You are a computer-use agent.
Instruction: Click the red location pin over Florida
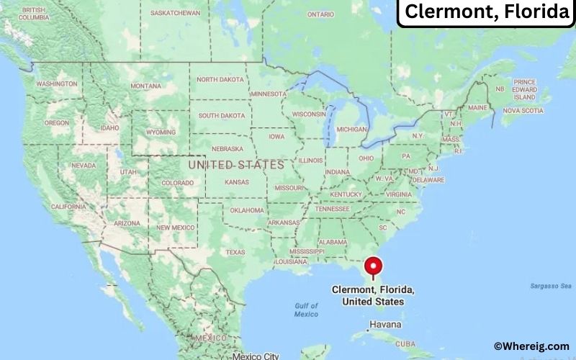click(x=373, y=266)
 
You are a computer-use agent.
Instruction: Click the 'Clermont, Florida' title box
click(x=486, y=12)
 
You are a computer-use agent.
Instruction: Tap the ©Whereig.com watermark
click(x=531, y=346)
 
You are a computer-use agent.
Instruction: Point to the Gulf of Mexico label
click(x=306, y=310)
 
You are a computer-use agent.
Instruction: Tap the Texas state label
click(x=235, y=252)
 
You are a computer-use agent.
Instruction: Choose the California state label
click(x=69, y=207)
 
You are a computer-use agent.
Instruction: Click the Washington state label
click(x=56, y=84)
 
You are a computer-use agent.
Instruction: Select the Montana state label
click(x=146, y=86)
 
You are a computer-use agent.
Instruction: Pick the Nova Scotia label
click(x=522, y=110)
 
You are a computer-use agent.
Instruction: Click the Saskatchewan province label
click(x=176, y=13)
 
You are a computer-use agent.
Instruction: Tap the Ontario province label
click(x=320, y=14)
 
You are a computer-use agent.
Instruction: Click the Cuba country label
click(x=407, y=343)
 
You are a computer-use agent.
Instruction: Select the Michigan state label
click(x=351, y=129)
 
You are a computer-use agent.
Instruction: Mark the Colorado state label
click(x=178, y=183)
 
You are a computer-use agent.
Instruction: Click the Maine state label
click(x=477, y=107)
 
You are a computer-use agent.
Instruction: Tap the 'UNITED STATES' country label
click(x=235, y=165)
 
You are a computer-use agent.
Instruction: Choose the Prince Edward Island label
click(x=525, y=89)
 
